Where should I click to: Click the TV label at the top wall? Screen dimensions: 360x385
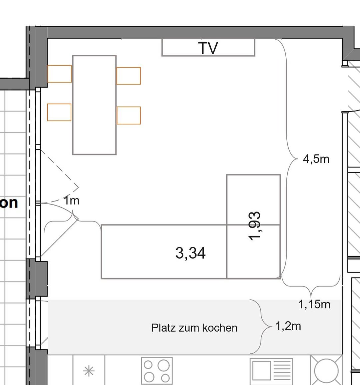(x=208, y=48)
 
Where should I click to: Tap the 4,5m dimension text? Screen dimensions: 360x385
(x=316, y=159)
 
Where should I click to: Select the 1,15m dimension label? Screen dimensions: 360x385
(x=314, y=305)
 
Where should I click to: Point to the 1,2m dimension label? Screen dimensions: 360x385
(x=288, y=326)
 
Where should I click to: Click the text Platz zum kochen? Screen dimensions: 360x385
(x=194, y=328)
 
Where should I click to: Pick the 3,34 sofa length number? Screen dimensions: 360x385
(x=190, y=253)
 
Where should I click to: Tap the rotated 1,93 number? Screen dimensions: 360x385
(x=254, y=226)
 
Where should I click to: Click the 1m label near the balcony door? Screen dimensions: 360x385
(x=72, y=201)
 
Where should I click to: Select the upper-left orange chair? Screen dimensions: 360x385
(x=59, y=74)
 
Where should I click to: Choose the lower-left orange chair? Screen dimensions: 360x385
(x=59, y=112)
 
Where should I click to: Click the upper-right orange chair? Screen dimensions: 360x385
(x=129, y=76)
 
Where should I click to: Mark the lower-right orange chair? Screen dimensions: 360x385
(x=129, y=115)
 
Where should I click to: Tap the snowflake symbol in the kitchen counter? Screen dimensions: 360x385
(x=89, y=371)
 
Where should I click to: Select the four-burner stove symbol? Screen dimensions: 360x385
(x=157, y=371)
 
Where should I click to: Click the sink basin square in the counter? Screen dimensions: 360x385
(x=262, y=371)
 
